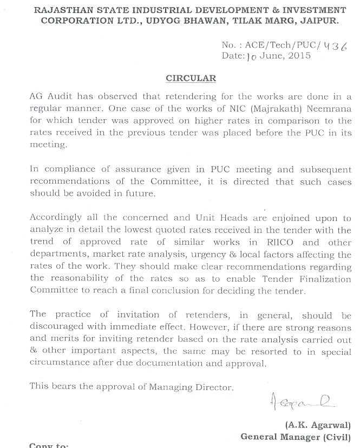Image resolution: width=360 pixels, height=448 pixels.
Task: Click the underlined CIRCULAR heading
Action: (x=191, y=78)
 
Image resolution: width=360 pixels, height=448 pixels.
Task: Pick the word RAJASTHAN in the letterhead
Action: (x=61, y=10)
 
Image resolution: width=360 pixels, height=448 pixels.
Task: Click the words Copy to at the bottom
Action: (x=49, y=446)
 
